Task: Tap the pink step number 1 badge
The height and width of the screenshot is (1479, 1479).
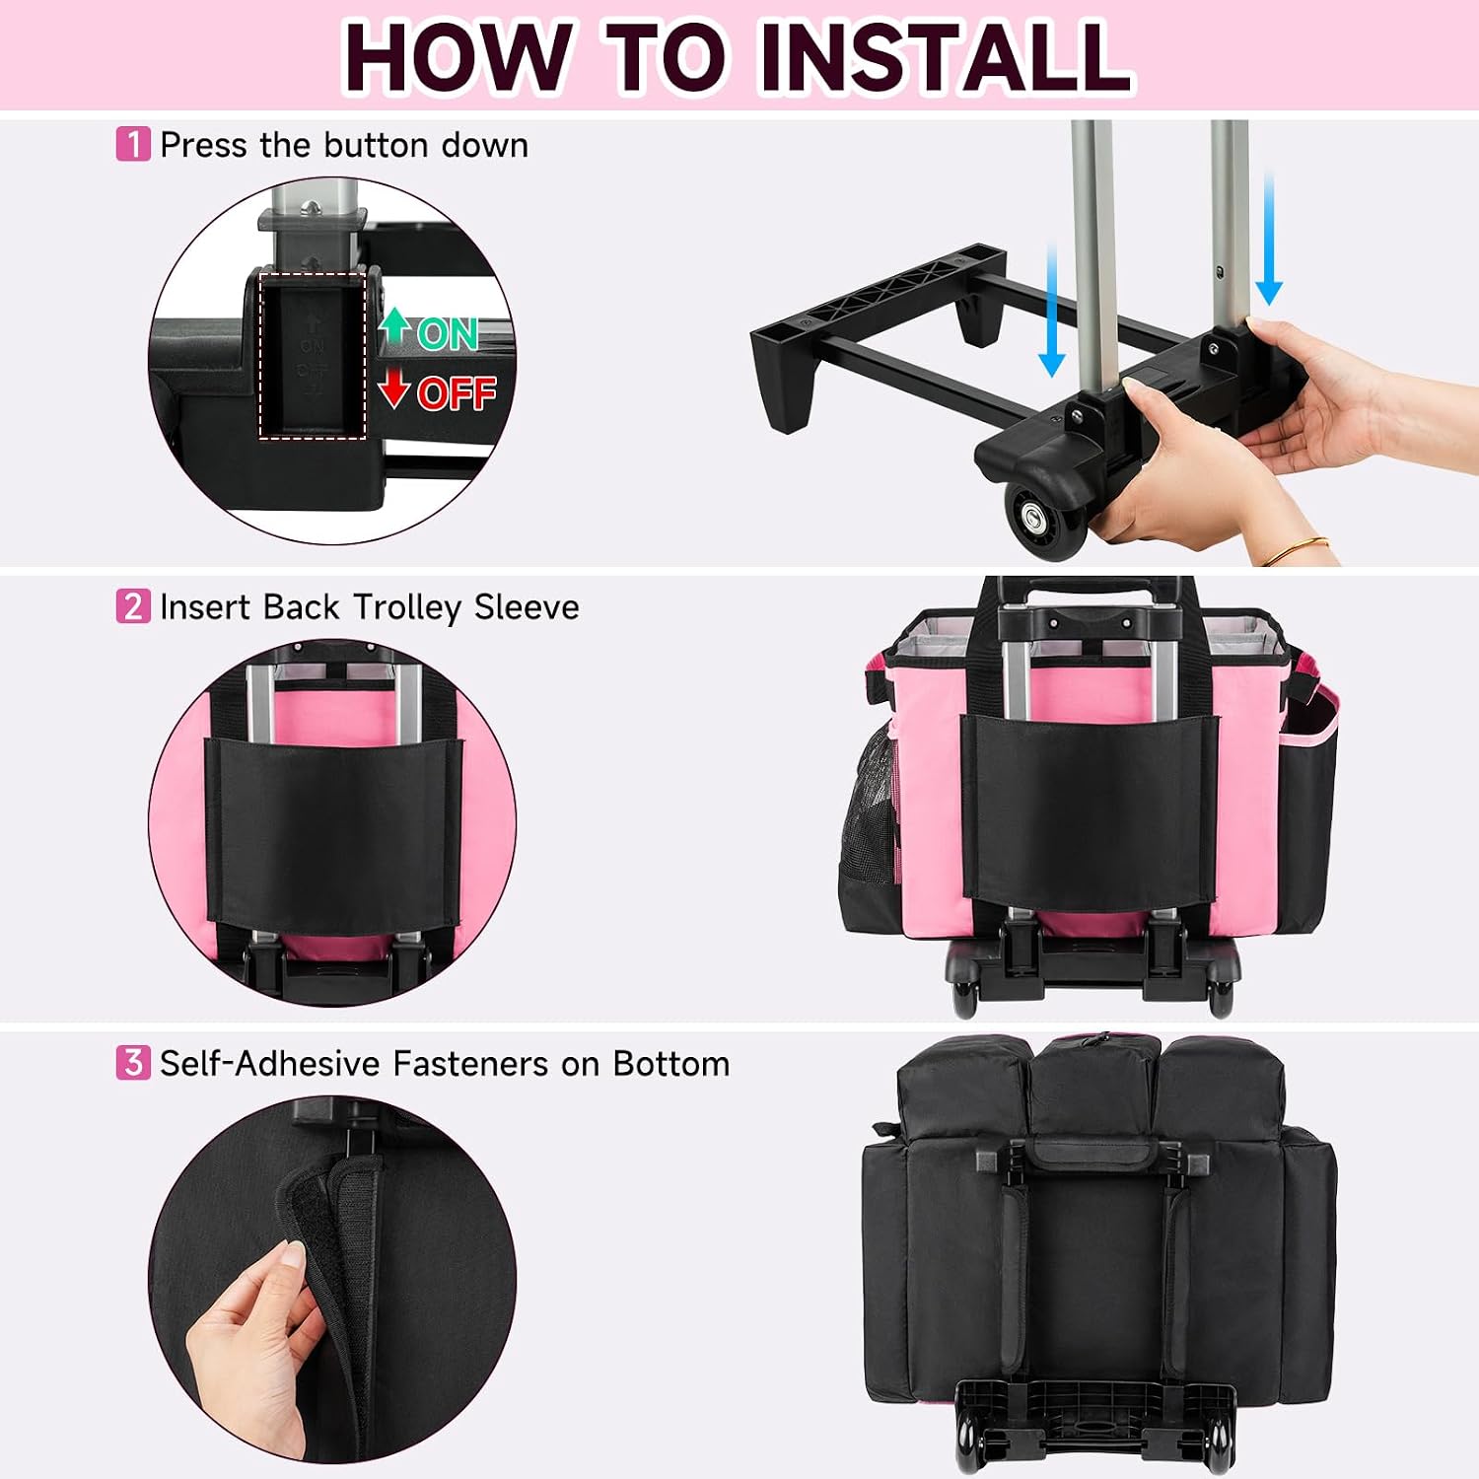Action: coord(133,144)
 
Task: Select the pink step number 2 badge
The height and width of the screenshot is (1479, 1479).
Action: coord(133,605)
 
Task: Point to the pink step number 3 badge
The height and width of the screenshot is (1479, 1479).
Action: coord(133,1062)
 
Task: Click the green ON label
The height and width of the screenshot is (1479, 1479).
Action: coord(448,334)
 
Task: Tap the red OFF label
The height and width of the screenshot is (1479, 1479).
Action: coord(457,393)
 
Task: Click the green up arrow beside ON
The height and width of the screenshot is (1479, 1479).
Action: coord(395,325)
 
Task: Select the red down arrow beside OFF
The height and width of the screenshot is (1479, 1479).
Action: coord(394,388)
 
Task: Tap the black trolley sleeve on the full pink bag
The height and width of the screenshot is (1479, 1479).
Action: coord(1090,807)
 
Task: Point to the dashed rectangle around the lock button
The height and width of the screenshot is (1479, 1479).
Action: coord(313,356)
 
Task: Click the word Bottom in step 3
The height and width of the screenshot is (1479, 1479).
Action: coord(671,1063)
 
